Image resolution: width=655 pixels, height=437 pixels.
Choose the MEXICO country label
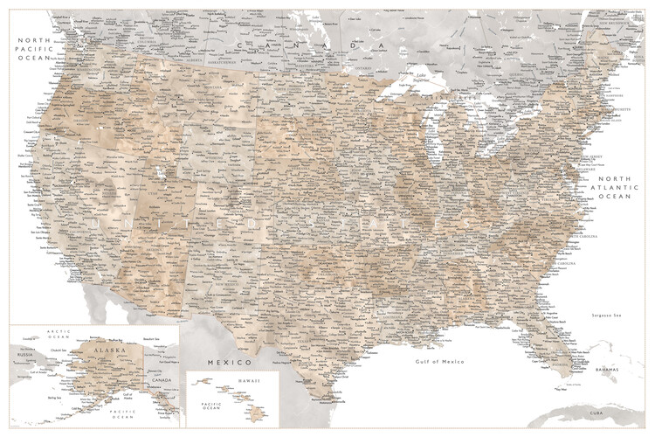point(229,361)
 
